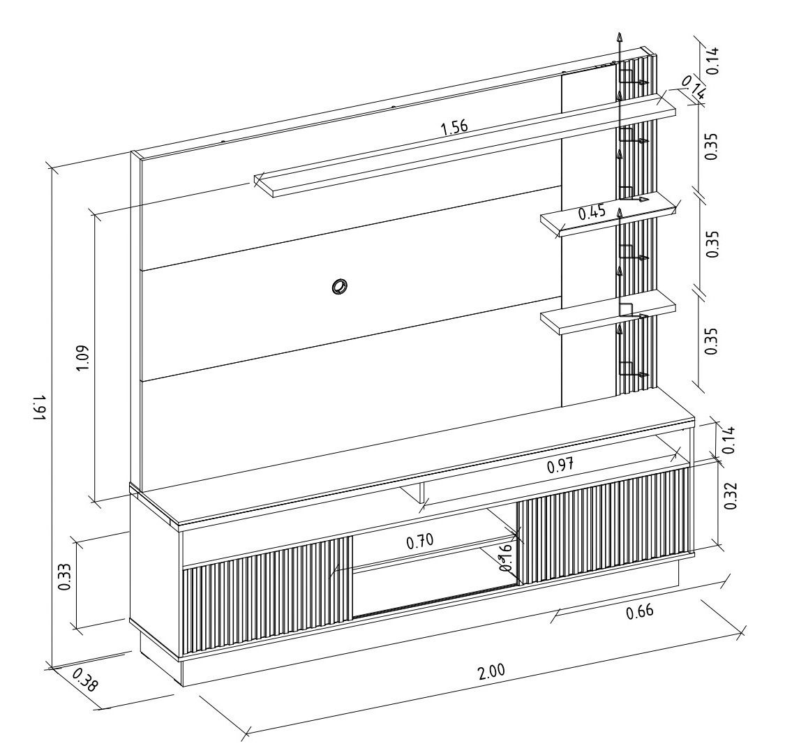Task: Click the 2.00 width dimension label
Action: click(x=492, y=671)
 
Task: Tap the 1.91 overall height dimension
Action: click(x=40, y=408)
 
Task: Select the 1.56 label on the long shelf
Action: click(x=454, y=128)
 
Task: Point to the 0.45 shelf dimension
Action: click(x=592, y=212)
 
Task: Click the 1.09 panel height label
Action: click(x=82, y=357)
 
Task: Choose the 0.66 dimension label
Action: click(x=640, y=611)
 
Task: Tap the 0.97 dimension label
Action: click(x=560, y=466)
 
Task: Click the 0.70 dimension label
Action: click(x=419, y=542)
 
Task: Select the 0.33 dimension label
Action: click(x=64, y=577)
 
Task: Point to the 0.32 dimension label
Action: click(x=731, y=495)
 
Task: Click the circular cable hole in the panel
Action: click(x=339, y=287)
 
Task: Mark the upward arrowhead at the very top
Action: click(x=620, y=38)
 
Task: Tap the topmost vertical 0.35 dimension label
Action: click(x=711, y=146)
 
